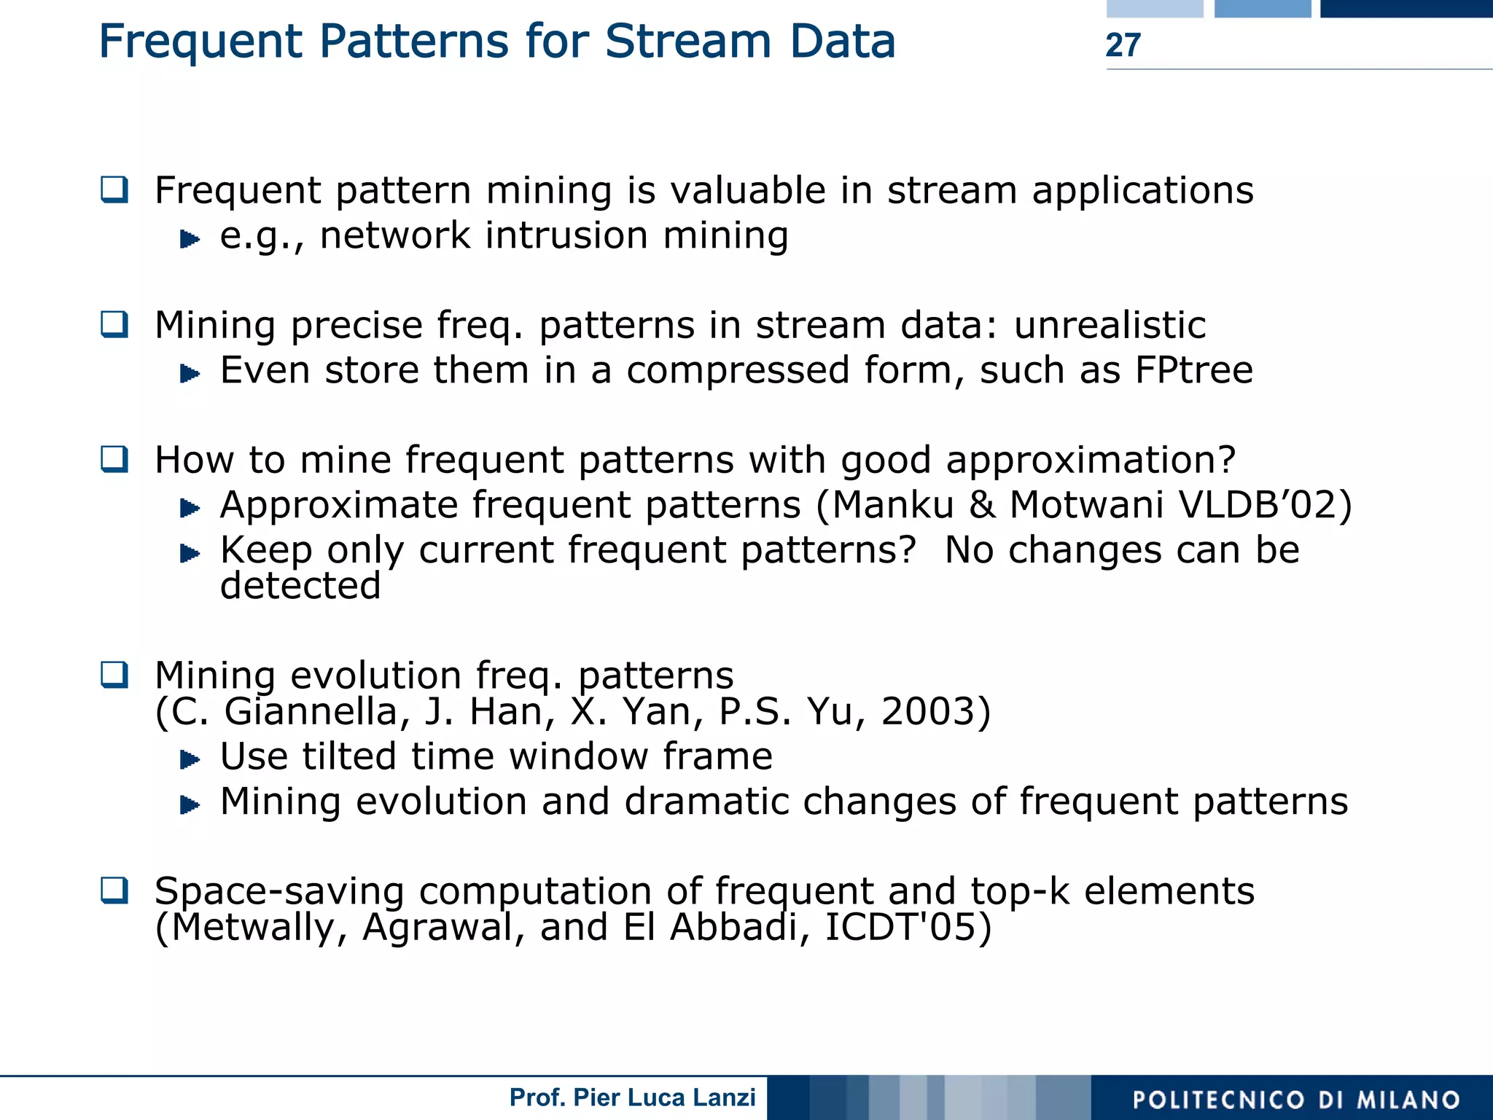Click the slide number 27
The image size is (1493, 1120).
point(1123,45)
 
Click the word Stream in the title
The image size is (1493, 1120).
point(687,42)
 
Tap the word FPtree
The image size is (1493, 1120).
point(1193,370)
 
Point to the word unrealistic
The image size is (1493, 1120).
point(1110,325)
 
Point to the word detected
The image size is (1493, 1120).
point(300,586)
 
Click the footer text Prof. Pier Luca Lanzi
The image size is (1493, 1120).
point(632,1097)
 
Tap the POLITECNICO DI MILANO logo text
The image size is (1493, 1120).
point(1296,1100)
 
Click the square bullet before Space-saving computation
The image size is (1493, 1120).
point(114,890)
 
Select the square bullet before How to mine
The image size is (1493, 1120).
point(114,459)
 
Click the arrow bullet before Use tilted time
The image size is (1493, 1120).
point(190,760)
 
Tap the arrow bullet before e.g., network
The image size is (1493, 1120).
point(190,238)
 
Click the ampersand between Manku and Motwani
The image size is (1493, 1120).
point(982,505)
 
